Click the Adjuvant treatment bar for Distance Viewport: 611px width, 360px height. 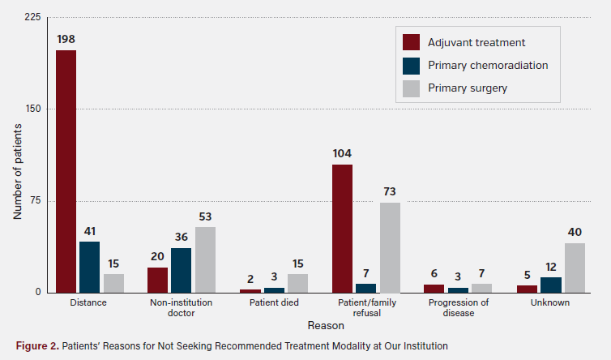[66, 171]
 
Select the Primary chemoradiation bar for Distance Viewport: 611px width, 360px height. [89, 267]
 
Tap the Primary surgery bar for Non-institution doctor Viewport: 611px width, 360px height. [205, 259]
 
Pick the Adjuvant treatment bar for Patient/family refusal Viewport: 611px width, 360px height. [342, 229]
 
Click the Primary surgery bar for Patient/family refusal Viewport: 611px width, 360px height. [390, 247]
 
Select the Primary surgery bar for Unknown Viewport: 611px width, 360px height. [575, 268]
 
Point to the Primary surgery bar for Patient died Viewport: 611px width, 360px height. [297, 283]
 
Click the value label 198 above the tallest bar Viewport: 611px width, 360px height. [66, 39]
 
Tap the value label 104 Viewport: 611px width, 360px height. [342, 153]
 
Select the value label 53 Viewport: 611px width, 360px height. [205, 216]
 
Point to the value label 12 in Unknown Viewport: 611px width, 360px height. [551, 266]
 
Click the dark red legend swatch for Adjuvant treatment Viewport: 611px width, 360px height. [411, 42]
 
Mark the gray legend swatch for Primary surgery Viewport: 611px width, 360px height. [411, 88]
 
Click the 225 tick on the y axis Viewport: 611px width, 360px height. [36, 17]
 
